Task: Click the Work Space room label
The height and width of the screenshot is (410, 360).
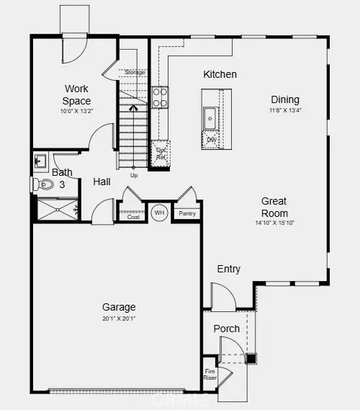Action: pyautogui.click(x=76, y=95)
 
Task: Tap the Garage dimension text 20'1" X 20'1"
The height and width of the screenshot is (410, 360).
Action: pyautogui.click(x=119, y=318)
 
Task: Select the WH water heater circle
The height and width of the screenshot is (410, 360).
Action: pyautogui.click(x=158, y=213)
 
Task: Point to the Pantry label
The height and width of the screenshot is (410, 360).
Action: pyautogui.click(x=188, y=214)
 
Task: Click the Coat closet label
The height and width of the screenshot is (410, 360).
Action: pyautogui.click(x=132, y=215)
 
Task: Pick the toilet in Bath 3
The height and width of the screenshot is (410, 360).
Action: pyautogui.click(x=45, y=185)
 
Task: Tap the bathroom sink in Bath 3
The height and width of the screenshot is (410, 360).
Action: pyautogui.click(x=40, y=160)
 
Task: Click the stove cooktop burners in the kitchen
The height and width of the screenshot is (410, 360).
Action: pyautogui.click(x=160, y=97)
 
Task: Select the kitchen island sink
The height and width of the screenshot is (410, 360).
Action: pyautogui.click(x=210, y=116)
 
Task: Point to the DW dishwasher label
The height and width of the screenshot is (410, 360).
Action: pyautogui.click(x=211, y=139)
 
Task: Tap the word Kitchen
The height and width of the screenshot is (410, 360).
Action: pyautogui.click(x=220, y=74)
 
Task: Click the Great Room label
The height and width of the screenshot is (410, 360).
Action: pyautogui.click(x=274, y=208)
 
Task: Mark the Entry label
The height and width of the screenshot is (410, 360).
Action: pyautogui.click(x=229, y=269)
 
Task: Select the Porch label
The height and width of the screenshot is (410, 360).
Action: pyautogui.click(x=227, y=329)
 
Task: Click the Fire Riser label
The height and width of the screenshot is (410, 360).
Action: pyautogui.click(x=210, y=374)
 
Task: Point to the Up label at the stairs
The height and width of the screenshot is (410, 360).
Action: pyautogui.click(x=134, y=175)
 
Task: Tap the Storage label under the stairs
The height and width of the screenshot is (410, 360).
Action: pyautogui.click(x=135, y=73)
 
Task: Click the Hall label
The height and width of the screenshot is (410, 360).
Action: pyautogui.click(x=102, y=182)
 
